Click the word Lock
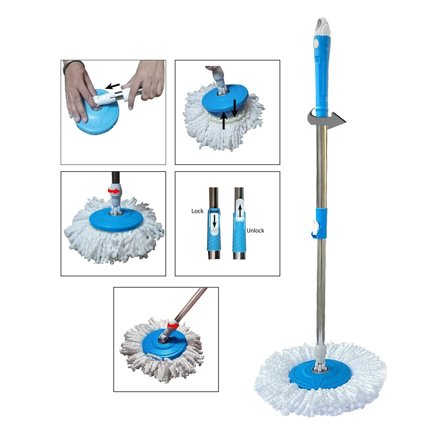(198, 211)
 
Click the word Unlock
(255, 231)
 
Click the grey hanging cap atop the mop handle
(323, 27)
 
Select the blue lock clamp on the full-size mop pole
(321, 223)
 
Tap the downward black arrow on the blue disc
(234, 108)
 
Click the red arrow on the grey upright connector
(114, 191)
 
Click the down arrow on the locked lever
(214, 221)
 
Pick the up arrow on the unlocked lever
(240, 211)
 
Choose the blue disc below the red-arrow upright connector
(116, 219)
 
